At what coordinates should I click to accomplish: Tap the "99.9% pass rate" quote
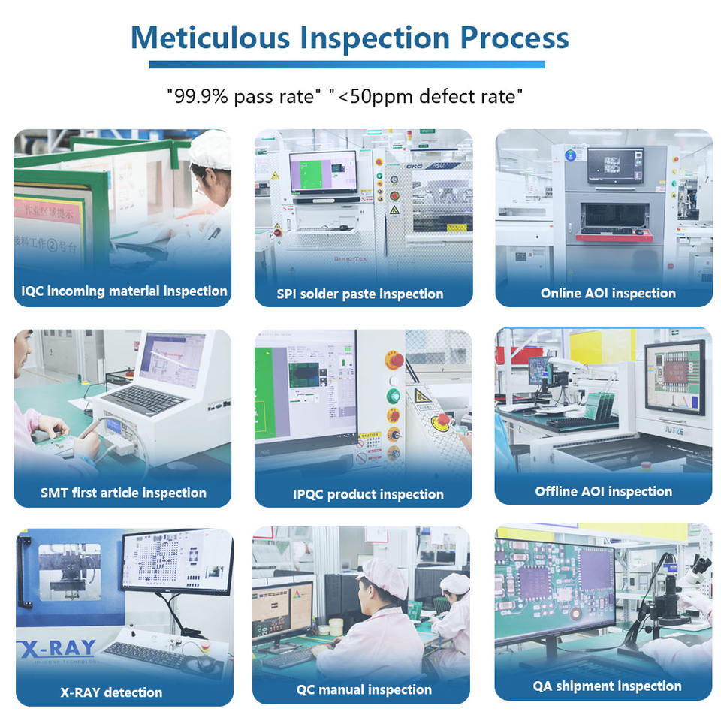pos(245,96)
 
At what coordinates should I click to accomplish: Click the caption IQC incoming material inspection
pos(124,291)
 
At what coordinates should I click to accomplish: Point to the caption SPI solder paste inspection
pos(360,294)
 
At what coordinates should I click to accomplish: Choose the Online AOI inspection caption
pos(608,293)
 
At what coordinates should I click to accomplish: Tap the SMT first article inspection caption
pos(123,493)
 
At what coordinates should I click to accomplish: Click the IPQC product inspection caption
pos(368,494)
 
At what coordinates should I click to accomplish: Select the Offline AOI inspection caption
pos(603,491)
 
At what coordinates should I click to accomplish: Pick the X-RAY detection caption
pos(111,692)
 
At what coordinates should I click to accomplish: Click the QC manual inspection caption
pos(365,689)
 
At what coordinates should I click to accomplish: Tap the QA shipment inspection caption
pos(607,686)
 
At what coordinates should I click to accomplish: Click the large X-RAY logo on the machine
pos(59,648)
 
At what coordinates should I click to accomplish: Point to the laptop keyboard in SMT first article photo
pos(146,399)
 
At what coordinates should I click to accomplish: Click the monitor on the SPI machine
pos(324,173)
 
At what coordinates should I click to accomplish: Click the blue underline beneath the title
pos(346,65)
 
